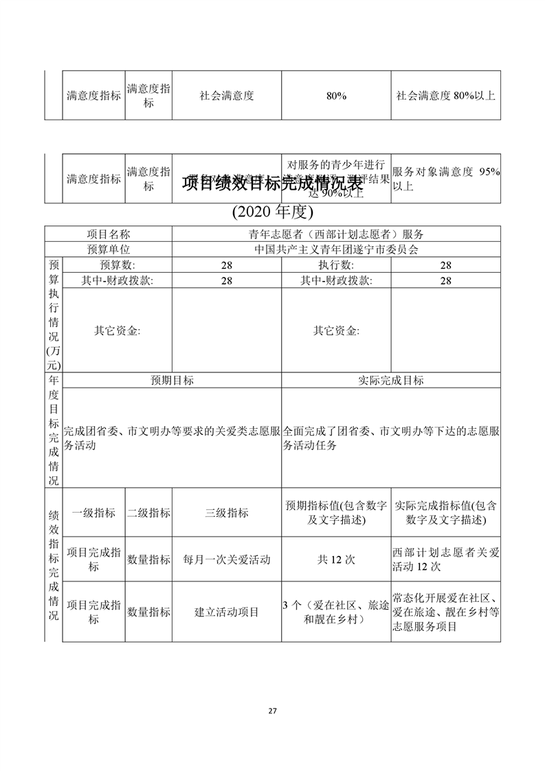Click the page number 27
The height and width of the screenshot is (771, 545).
[x=272, y=711]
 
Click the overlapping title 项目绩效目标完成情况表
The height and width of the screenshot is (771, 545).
[x=272, y=184]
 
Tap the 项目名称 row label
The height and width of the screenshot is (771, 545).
[x=108, y=234]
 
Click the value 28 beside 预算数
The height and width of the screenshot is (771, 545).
[x=227, y=265]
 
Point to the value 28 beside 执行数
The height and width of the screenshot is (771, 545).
[x=445, y=265]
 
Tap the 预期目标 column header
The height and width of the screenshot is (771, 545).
[x=172, y=380]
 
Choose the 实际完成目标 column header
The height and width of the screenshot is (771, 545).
[x=390, y=380]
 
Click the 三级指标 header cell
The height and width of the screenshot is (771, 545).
[x=227, y=513]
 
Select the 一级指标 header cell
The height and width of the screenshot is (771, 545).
[x=93, y=513]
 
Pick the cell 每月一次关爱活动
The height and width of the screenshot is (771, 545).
[x=227, y=559]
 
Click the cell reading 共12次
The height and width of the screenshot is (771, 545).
[x=335, y=559]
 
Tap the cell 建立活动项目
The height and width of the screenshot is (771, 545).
[x=227, y=612]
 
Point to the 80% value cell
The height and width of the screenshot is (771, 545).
[x=335, y=96]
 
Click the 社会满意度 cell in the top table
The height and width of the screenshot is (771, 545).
[x=227, y=96]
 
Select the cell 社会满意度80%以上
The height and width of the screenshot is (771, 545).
[x=445, y=96]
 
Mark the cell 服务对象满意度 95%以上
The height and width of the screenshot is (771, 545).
[x=445, y=179]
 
